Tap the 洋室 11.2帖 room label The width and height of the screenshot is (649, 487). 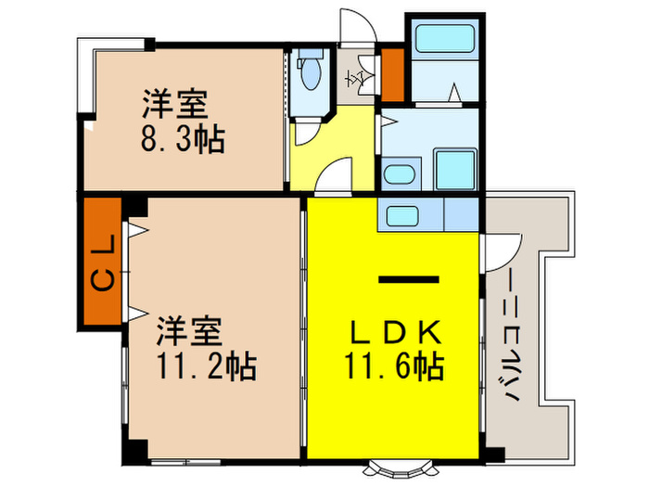click(200, 348)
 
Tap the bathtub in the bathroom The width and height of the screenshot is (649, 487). click(443, 40)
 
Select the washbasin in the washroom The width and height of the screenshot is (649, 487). click(400, 174)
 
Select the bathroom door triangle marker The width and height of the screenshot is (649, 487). click(454, 94)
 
